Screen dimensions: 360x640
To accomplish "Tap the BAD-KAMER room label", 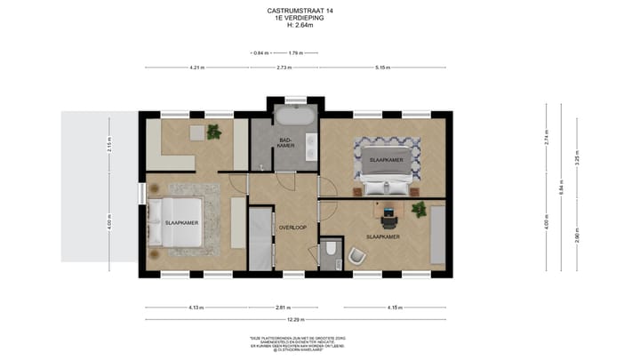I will point(285,143).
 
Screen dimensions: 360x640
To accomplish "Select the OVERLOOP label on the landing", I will point(292,227).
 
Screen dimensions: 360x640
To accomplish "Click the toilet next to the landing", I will point(331,252).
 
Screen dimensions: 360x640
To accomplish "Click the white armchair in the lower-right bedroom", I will point(356,256).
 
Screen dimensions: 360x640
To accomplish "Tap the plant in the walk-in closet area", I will point(213,132).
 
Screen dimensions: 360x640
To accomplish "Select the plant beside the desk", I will point(418,210).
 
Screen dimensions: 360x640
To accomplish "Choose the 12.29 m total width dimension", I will point(298,319).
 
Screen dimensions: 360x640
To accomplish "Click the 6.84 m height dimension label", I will point(562,188).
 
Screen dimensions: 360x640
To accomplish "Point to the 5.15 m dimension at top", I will point(384,68).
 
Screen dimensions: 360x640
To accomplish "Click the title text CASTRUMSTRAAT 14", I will point(301,11).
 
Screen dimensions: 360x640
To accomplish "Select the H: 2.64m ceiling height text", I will point(301,25).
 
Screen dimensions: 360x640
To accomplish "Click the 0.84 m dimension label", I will point(260,54).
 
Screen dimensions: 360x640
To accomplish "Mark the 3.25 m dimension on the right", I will point(578,163).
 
